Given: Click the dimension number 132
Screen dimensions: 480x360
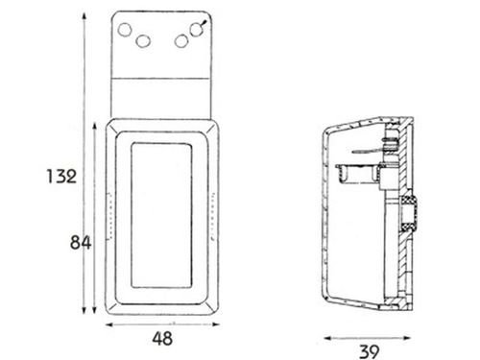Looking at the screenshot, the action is (61, 177).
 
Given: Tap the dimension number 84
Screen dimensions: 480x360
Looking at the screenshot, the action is (81, 242).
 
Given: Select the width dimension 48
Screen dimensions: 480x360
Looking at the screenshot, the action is (162, 339).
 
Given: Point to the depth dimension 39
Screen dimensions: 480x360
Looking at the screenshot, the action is (369, 351).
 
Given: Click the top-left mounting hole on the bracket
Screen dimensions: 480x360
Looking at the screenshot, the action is (125, 30).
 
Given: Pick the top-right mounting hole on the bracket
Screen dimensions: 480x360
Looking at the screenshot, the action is (196, 30).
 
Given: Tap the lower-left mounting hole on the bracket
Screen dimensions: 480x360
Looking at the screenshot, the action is (143, 41).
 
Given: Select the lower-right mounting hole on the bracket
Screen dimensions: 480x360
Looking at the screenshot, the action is (181, 41).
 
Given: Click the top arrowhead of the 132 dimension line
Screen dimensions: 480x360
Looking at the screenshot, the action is (84, 16).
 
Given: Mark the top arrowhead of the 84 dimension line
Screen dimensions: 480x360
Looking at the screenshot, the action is (94, 126).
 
